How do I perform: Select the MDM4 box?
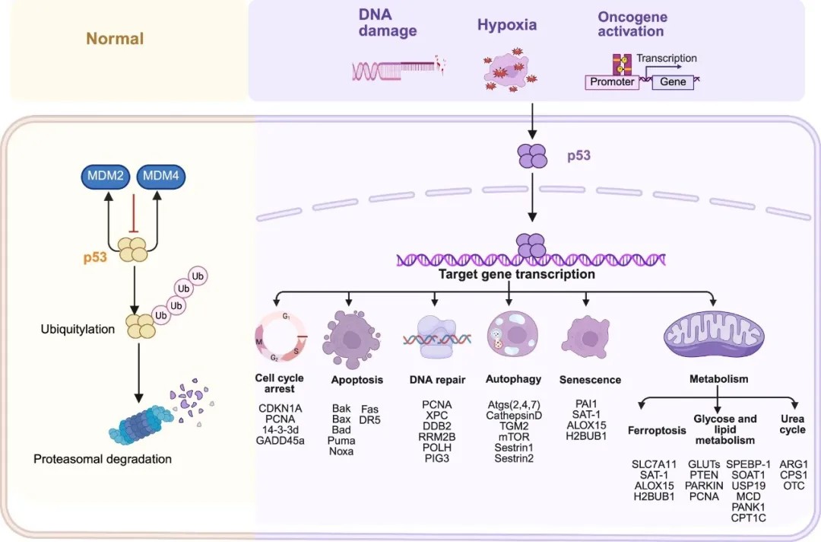161,177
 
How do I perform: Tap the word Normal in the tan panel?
115,39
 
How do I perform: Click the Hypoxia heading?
507,24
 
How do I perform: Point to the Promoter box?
612,81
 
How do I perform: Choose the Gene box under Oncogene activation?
673,81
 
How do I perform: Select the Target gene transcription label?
516,274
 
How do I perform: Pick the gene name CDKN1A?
280,409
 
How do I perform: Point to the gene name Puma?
341,441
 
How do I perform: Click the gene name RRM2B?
437,436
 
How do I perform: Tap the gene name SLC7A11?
654,464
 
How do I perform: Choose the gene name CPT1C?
749,518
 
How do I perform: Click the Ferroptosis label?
657,430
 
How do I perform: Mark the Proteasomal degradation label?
103,459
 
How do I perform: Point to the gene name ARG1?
794,464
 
